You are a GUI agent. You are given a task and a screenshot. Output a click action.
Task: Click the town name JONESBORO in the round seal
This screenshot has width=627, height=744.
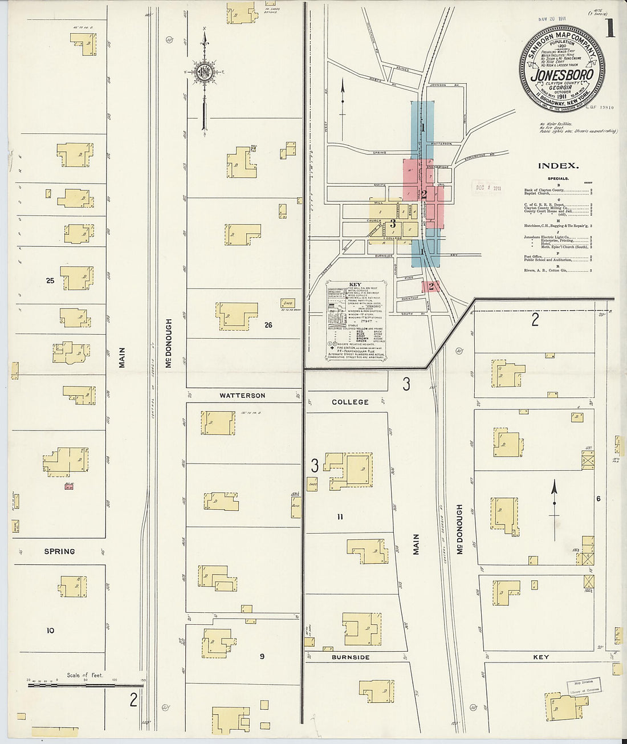561,75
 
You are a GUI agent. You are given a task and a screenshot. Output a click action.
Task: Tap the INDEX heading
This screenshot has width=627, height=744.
558,166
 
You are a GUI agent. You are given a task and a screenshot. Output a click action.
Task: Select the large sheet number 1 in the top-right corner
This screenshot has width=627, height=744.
610,29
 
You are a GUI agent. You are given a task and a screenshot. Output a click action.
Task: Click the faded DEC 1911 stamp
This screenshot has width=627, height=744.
486,188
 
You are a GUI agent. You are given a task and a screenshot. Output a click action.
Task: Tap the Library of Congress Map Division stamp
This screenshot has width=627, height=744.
583,686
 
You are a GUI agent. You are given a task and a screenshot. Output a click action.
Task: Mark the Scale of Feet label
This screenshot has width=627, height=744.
84,675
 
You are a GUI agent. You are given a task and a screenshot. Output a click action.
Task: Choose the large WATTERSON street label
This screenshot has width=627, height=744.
242,395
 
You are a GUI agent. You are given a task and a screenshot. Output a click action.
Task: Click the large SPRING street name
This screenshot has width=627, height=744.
59,551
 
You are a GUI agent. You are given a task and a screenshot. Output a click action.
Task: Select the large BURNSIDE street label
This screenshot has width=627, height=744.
351,657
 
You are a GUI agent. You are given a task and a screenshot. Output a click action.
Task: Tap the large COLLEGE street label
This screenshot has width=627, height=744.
350,402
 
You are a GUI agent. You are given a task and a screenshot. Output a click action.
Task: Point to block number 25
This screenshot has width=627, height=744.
50,280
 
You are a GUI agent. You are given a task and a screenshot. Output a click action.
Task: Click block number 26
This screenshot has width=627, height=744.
268,325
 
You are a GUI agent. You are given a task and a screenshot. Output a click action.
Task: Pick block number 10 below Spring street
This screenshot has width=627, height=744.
50,631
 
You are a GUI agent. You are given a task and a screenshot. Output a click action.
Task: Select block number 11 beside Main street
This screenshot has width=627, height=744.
340,517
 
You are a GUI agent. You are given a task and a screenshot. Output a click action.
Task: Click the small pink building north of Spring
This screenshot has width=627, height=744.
69,486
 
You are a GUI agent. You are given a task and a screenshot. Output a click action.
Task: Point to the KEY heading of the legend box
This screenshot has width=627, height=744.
355,284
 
